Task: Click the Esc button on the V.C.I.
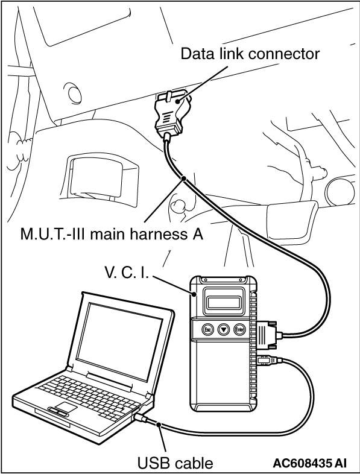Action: click(x=207, y=329)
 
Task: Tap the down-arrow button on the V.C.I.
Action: click(x=223, y=329)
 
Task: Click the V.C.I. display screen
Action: click(x=224, y=302)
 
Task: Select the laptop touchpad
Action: click(x=66, y=406)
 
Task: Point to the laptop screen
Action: click(x=119, y=337)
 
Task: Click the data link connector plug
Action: click(x=171, y=113)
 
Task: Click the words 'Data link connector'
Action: click(x=250, y=54)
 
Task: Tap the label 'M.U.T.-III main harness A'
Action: click(x=112, y=234)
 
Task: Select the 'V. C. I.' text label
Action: click(x=127, y=273)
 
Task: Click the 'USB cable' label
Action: click(x=175, y=463)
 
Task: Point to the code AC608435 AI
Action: click(x=310, y=463)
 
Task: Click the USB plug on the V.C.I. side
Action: click(x=268, y=361)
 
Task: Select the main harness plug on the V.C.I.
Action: click(x=269, y=334)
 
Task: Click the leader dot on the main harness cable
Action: click(x=183, y=179)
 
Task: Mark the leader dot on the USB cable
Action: click(x=159, y=425)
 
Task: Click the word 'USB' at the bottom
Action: click(x=154, y=463)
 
